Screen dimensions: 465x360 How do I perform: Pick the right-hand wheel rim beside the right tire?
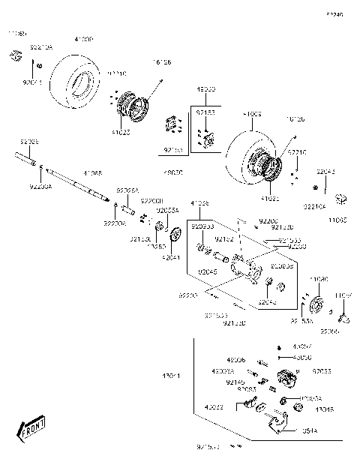coord(268,172)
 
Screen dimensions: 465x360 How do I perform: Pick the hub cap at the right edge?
coord(343,199)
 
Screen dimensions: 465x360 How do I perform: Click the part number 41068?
coord(92,173)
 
